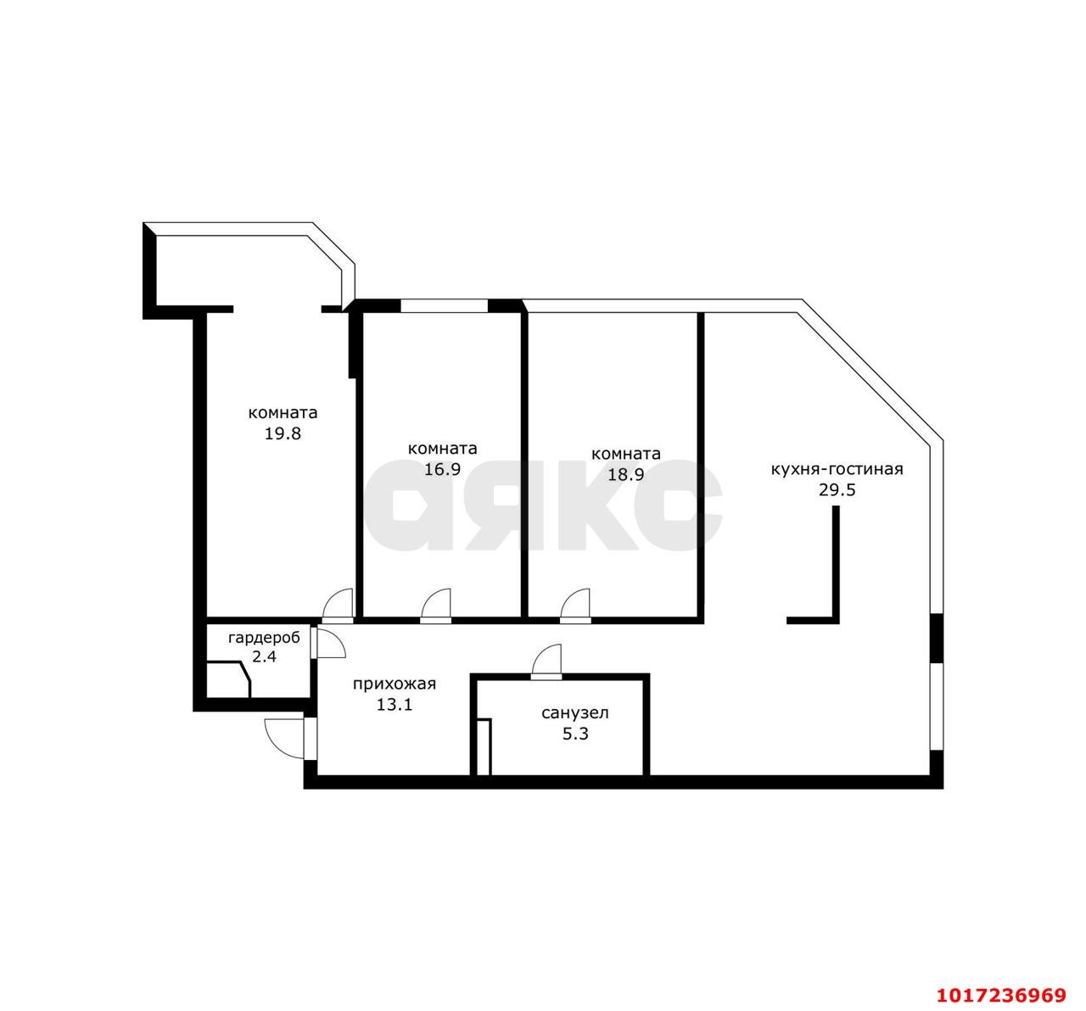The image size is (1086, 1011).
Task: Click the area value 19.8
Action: (283, 433)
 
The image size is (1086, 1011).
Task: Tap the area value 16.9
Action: (442, 469)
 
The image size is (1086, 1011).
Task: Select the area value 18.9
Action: (626, 474)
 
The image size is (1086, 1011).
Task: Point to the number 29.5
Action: (837, 489)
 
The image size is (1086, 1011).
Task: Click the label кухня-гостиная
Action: (837, 468)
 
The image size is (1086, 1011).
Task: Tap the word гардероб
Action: (264, 639)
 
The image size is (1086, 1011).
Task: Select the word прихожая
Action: (395, 684)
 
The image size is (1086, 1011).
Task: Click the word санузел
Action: (575, 713)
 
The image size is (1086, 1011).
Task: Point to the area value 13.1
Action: (395, 705)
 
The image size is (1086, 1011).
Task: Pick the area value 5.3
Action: (575, 734)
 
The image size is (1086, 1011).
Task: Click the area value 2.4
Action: (264, 656)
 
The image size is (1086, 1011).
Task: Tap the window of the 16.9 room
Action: (444, 305)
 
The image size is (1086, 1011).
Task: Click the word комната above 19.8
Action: (283, 413)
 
